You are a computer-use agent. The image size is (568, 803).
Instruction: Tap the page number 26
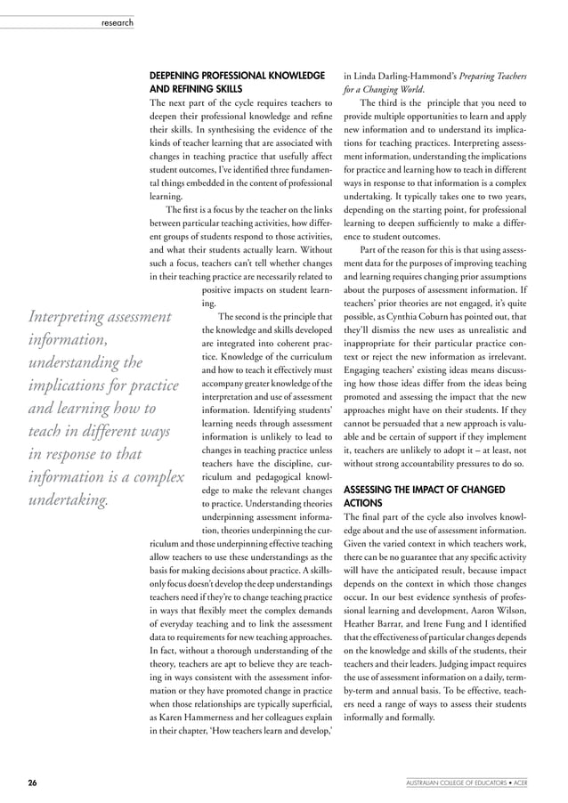pos(32,783)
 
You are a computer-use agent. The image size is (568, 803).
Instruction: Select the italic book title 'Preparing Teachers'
pos(499,76)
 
